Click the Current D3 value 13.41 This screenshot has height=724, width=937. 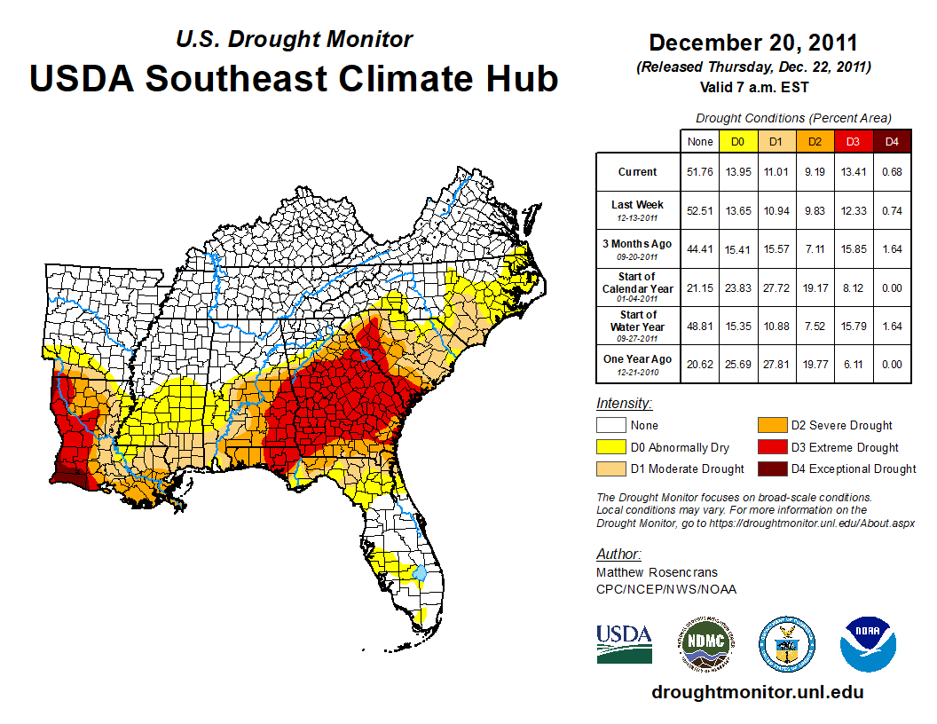pyautogui.click(x=854, y=172)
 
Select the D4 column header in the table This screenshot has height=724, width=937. pyautogui.click(x=892, y=141)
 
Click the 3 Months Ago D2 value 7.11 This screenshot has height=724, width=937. pyautogui.click(x=815, y=248)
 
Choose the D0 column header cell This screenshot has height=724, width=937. pyautogui.click(x=738, y=141)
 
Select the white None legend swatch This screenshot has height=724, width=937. pyautogui.click(x=610, y=426)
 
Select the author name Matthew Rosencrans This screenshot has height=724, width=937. pyautogui.click(x=657, y=572)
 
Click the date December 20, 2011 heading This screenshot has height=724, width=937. pyautogui.click(x=753, y=43)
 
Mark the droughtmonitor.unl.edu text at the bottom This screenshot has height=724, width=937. pyautogui.click(x=757, y=692)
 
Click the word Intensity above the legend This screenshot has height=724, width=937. pyautogui.click(x=624, y=404)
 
